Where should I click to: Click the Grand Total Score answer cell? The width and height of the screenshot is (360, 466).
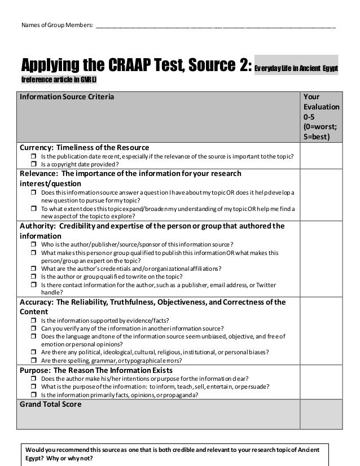(x=321, y=415)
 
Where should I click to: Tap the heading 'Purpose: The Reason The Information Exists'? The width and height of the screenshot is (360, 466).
(x=96, y=370)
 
